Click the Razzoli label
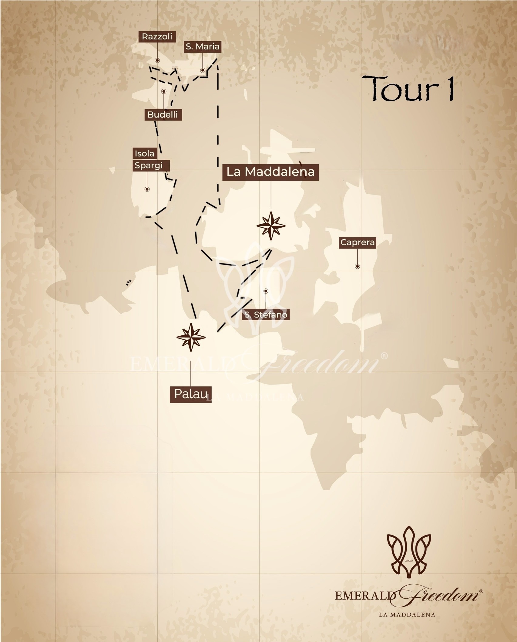coord(157,37)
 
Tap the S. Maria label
coord(203,47)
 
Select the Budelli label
coord(163,115)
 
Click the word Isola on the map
coord(145,153)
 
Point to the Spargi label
coord(149,165)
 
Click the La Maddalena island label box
coord(270,172)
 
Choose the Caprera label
coord(358,243)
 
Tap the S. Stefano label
coord(266,315)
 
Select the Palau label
coord(190,394)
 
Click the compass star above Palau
coord(191,337)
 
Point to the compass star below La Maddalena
coord(271,226)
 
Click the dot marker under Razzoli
coord(157,60)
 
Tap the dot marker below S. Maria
coord(203,70)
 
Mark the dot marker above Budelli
coord(164,91)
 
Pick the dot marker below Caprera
coord(358,266)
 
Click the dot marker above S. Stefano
coord(266,291)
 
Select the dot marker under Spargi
coord(147,189)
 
